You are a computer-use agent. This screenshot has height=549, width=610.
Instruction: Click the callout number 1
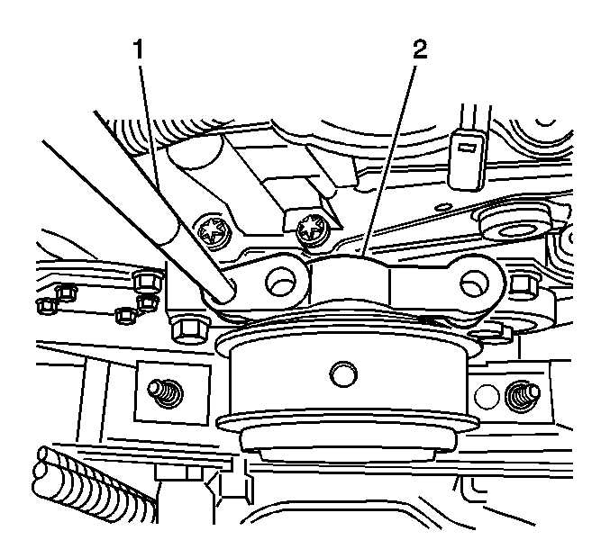139,50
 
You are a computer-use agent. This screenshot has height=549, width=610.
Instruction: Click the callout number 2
419,50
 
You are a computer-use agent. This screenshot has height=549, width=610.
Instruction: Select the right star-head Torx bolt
311,230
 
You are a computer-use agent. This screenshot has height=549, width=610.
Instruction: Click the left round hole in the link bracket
281,281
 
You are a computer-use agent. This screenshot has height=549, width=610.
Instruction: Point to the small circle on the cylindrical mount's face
343,374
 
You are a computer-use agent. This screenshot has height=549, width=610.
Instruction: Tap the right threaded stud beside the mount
522,396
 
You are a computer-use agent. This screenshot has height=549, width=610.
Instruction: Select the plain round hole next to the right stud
487,396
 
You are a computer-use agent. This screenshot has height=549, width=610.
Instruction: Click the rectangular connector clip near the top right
468,160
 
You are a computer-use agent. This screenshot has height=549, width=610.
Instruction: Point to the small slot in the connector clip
467,148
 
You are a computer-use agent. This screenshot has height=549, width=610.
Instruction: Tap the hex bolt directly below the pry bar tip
188,330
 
